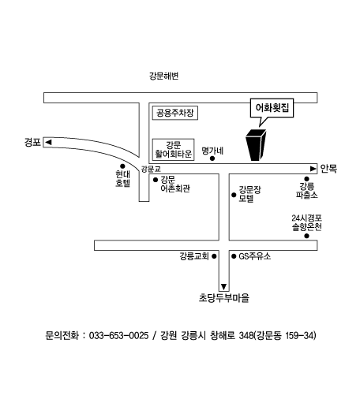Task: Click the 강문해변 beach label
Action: (x=164, y=76)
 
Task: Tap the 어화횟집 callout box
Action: (x=272, y=108)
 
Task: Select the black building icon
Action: (x=256, y=144)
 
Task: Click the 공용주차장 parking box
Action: (x=175, y=113)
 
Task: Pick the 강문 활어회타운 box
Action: (x=174, y=150)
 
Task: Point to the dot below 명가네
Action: (x=212, y=159)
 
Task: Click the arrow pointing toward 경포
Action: (x=48, y=142)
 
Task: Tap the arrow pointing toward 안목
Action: (x=313, y=169)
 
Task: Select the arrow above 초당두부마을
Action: (x=224, y=286)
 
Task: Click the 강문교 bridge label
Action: (x=151, y=169)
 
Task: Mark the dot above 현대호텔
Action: (x=122, y=166)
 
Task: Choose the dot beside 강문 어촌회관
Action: (x=156, y=180)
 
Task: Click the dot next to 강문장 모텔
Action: (x=234, y=195)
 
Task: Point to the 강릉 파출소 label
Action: (x=306, y=190)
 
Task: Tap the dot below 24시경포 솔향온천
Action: (x=306, y=236)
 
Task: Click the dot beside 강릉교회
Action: (x=214, y=256)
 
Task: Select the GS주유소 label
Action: (x=255, y=256)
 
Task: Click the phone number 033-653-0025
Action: (x=118, y=336)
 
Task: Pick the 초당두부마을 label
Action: (x=224, y=298)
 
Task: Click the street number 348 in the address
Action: (x=246, y=336)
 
